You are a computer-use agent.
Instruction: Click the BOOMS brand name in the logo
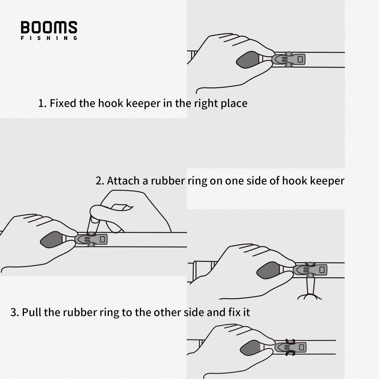pos(49,28)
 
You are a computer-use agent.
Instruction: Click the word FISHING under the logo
pos(49,38)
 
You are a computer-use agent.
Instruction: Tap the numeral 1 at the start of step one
pos(41,103)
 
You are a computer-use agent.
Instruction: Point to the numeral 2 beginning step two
pos(99,181)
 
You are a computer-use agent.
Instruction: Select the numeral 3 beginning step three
pos(14,313)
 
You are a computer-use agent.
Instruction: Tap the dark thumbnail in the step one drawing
pos(247,60)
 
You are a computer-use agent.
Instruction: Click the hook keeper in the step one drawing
pos(289,59)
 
